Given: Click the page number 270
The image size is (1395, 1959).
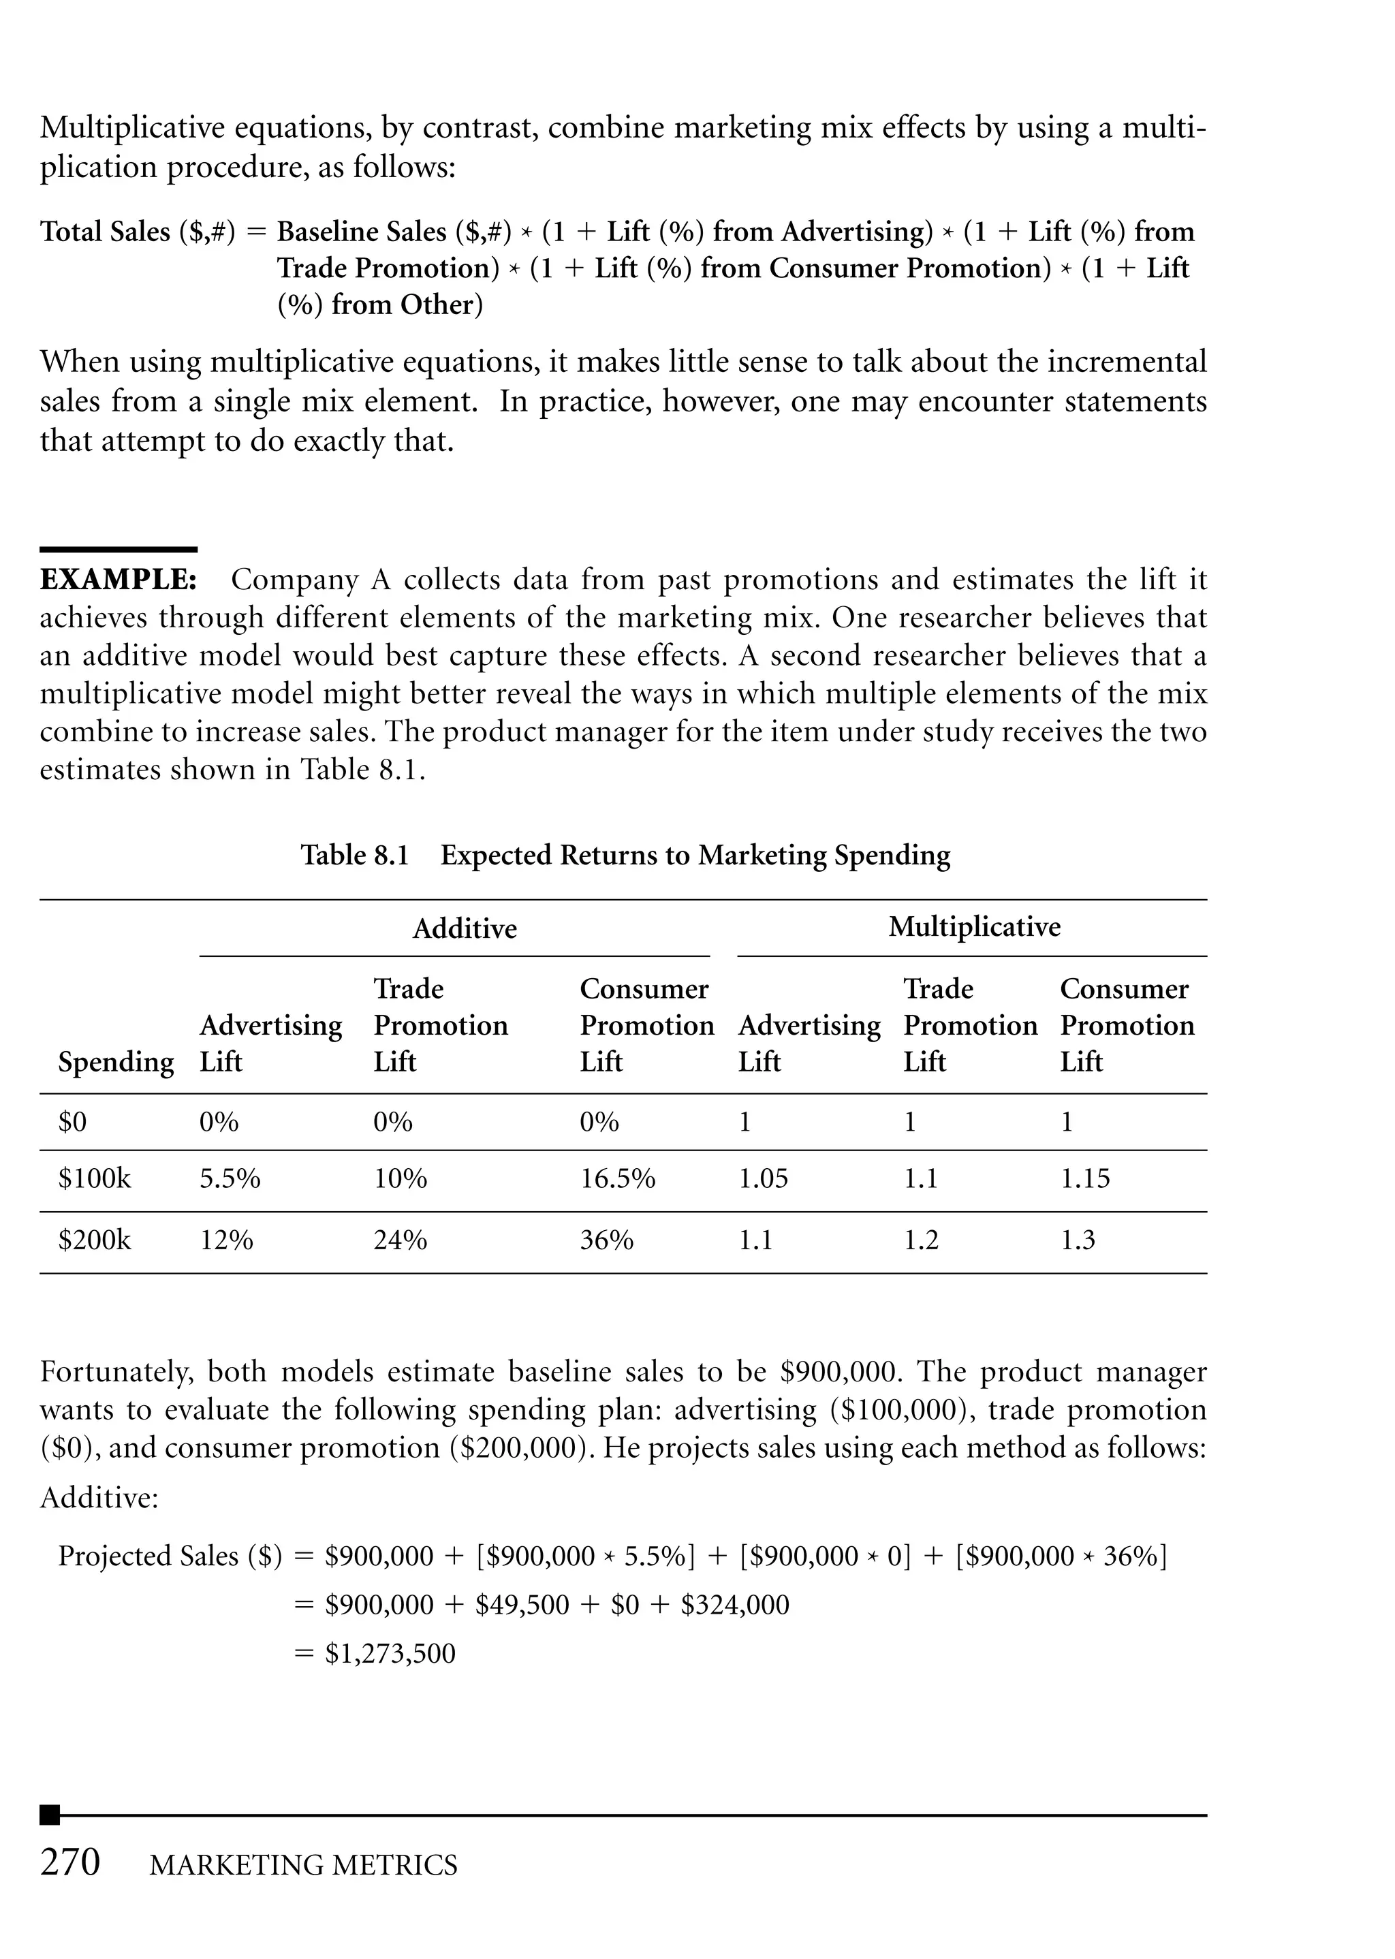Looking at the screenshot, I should (70, 1861).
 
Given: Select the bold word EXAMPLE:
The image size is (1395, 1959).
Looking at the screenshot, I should (119, 580).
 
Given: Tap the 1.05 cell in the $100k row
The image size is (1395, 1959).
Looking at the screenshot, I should (762, 1178).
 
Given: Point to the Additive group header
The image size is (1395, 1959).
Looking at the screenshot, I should (464, 928).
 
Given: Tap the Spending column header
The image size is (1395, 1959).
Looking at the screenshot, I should (116, 1063).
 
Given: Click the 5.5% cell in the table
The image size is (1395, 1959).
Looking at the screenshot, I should (230, 1178).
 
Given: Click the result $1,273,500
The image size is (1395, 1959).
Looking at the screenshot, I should (390, 1653).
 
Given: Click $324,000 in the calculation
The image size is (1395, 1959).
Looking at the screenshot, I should (734, 1604).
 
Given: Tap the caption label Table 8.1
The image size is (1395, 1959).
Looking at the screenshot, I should (354, 855).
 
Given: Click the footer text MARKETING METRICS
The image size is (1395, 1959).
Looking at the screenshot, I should (303, 1864).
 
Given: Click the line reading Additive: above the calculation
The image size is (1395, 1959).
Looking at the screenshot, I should (99, 1498).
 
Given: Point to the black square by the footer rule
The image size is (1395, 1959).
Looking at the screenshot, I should (50, 1815).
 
